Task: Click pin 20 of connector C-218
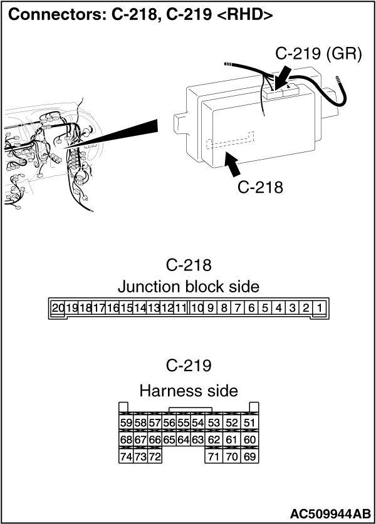coord(58,307)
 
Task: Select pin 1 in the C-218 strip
coord(320,307)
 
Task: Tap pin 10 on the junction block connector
coord(197,307)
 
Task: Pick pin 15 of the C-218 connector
coord(126,307)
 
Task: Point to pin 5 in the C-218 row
coord(265,307)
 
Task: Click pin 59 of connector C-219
coord(126,423)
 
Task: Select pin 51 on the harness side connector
coord(249,423)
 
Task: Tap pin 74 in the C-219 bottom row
coord(126,456)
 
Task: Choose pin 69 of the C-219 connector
coord(249,456)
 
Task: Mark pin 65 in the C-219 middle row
coord(169,439)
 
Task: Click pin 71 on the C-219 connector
coord(214,456)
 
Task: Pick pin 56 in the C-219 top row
coord(169,423)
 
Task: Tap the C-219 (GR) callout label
coord(318,53)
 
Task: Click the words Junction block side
coord(189,287)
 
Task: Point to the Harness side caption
coord(189,391)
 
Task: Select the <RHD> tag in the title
coord(245,15)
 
